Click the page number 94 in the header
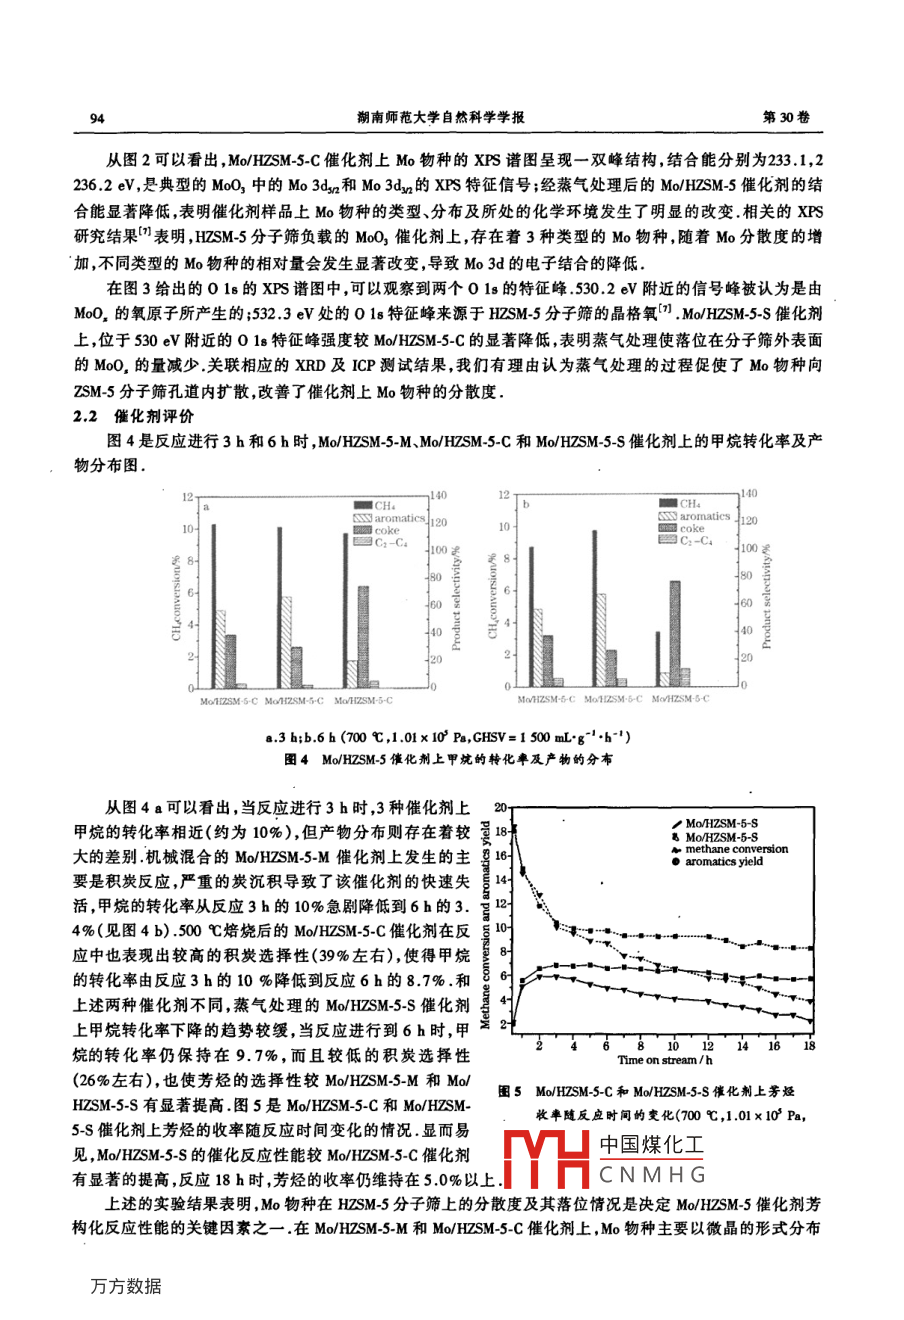pos(97,118)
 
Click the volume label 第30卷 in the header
pos(786,117)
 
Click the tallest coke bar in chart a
pos(363,637)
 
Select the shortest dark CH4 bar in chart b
pos(657,659)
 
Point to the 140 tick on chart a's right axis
pos(439,496)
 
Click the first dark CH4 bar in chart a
pos(213,606)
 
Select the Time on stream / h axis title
pos(665,1060)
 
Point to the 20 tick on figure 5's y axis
pos(502,806)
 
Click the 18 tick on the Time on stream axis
pos(808,1046)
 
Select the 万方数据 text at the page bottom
pos(126,1286)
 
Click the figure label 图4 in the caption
pos(295,760)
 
